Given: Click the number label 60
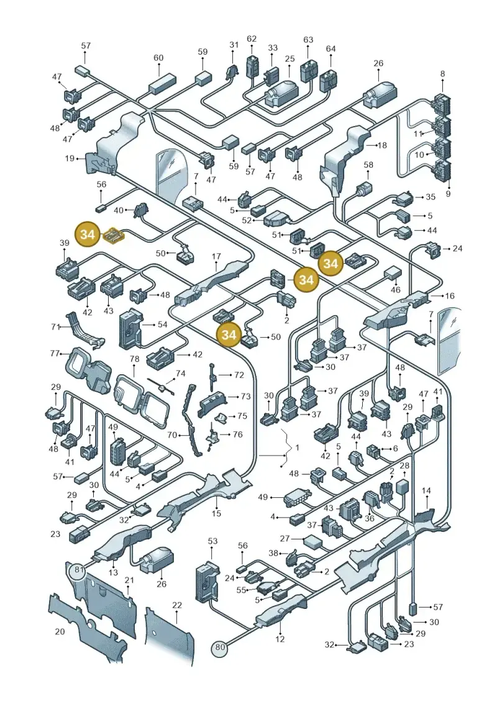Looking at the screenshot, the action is click(x=158, y=58).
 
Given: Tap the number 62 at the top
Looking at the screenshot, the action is click(x=252, y=39).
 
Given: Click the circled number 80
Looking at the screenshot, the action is click(x=219, y=647).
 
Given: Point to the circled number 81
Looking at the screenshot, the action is click(x=80, y=570).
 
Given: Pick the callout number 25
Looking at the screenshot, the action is click(x=290, y=58).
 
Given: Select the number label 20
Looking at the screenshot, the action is click(x=60, y=631).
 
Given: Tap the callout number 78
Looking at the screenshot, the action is click(x=134, y=359).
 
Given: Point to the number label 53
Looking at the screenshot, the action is click(x=212, y=541).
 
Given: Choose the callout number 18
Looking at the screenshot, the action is click(x=382, y=145).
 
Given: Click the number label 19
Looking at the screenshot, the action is click(x=70, y=158).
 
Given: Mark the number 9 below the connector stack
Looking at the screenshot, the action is click(x=448, y=194).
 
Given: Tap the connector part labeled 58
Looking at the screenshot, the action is click(x=364, y=191).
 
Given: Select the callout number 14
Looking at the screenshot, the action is click(x=426, y=491).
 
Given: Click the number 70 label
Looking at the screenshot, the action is click(x=171, y=434).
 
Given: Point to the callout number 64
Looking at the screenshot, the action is click(x=331, y=48).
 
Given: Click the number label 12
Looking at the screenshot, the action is click(x=280, y=639).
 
